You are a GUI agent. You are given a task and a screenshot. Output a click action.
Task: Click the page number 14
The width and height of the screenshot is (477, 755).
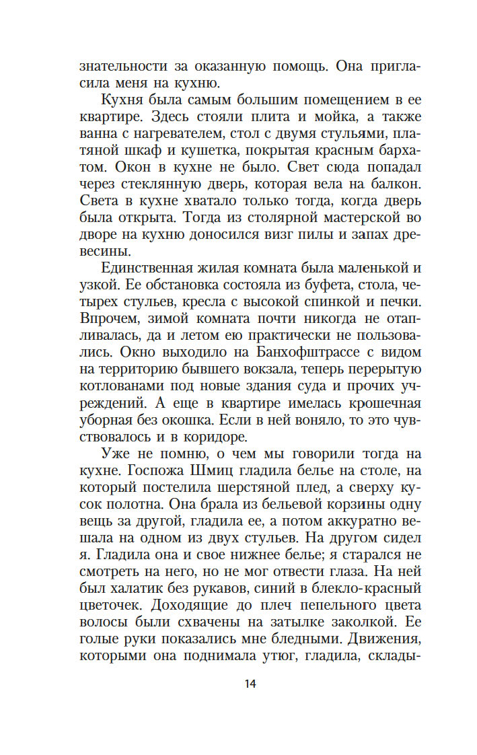(250, 684)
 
